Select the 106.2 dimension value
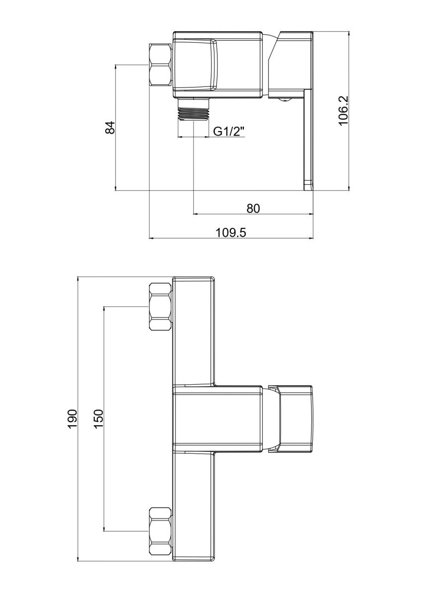[x=343, y=111]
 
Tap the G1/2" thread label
[x=229, y=132]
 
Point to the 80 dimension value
[x=253, y=208]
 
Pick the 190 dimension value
[x=72, y=419]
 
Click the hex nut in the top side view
[x=161, y=65]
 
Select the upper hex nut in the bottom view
[x=160, y=306]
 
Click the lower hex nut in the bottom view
[x=160, y=531]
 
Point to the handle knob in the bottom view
[x=296, y=419]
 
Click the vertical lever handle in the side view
[x=308, y=139]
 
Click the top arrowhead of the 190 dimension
[x=78, y=279]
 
